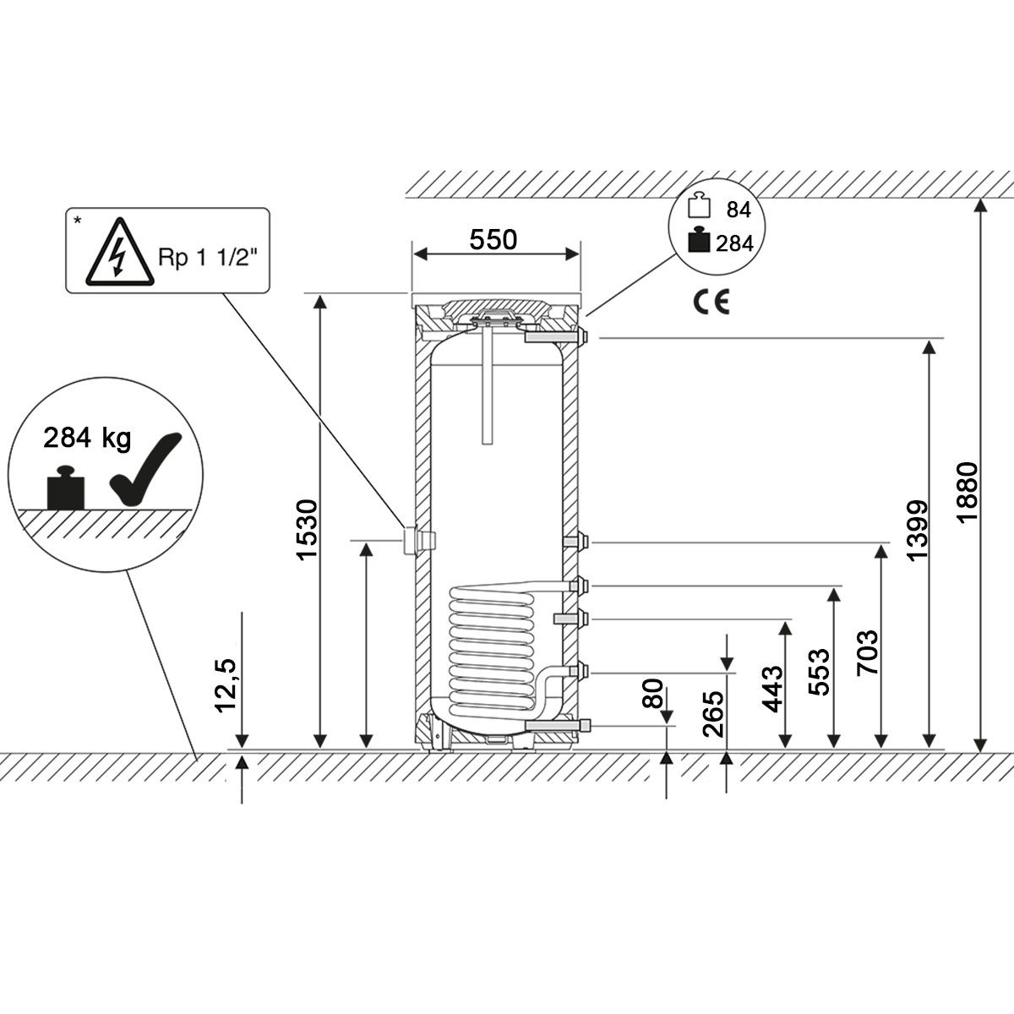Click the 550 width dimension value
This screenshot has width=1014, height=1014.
(x=493, y=240)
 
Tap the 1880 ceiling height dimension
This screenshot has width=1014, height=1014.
(x=968, y=492)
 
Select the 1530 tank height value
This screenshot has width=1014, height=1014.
(x=308, y=529)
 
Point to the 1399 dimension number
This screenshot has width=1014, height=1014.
(x=917, y=531)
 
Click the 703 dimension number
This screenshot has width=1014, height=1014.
(x=868, y=652)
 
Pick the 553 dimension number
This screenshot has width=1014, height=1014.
(x=819, y=672)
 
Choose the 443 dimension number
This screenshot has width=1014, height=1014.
(x=772, y=689)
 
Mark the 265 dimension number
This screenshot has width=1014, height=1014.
(x=713, y=713)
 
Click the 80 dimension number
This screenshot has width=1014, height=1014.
(x=653, y=693)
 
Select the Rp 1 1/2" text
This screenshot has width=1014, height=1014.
(x=208, y=258)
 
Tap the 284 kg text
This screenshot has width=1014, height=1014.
(x=87, y=438)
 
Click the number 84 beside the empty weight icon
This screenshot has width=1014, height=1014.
(x=739, y=210)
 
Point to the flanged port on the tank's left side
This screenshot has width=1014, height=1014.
(x=419, y=540)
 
